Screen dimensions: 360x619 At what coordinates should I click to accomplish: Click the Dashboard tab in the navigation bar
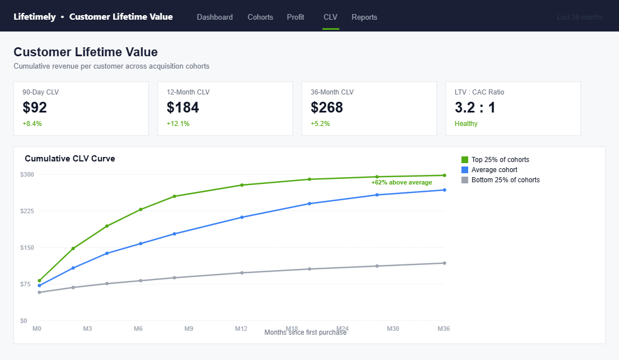pyautogui.click(x=214, y=17)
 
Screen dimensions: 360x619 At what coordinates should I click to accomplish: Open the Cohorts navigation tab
pyautogui.click(x=260, y=17)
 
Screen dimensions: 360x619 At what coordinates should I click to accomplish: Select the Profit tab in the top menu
pyautogui.click(x=295, y=17)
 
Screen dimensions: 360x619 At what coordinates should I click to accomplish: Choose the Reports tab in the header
pyautogui.click(x=364, y=17)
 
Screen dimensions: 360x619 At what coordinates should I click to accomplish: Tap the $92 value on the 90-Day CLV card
pyautogui.click(x=35, y=107)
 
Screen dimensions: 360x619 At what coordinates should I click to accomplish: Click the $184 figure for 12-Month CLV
pyautogui.click(x=183, y=107)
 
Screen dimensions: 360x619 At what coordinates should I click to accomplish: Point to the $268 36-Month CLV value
pyautogui.click(x=327, y=107)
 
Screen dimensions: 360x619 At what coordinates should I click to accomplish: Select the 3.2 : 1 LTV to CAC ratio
pyautogui.click(x=475, y=107)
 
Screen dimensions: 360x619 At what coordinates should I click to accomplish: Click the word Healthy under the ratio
pyautogui.click(x=466, y=124)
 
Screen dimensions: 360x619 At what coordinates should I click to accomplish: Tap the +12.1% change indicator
pyautogui.click(x=178, y=124)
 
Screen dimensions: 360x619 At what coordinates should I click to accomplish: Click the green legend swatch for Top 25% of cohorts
pyautogui.click(x=465, y=160)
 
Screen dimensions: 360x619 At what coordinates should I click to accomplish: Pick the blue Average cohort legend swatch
pyautogui.click(x=465, y=170)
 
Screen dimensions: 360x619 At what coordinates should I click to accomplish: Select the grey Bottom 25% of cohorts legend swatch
pyautogui.click(x=465, y=180)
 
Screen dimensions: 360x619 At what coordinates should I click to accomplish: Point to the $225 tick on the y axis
pyautogui.click(x=27, y=211)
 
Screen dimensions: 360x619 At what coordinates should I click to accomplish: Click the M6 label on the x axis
pyautogui.click(x=138, y=328)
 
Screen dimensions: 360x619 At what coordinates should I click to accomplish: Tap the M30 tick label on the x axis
pyautogui.click(x=393, y=328)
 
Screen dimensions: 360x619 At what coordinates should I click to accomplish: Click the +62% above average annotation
pyautogui.click(x=401, y=182)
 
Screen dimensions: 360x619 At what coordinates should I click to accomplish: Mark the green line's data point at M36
pyautogui.click(x=445, y=175)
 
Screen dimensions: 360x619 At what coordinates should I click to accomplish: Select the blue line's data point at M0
pyautogui.click(x=39, y=286)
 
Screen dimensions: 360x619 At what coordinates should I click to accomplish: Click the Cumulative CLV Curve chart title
pyautogui.click(x=70, y=159)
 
